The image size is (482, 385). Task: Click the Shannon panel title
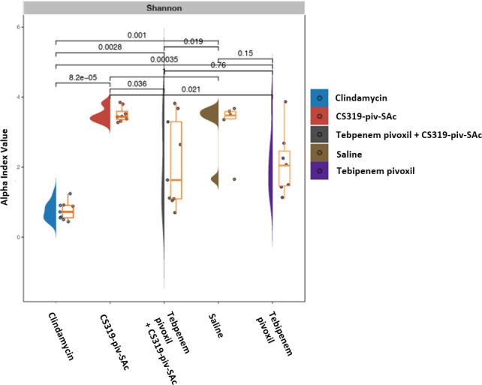point(164,8)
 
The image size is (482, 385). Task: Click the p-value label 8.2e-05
point(83,77)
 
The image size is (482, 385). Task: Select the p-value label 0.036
point(136,84)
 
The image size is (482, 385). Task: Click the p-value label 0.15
point(245,53)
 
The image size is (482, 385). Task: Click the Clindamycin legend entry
point(357,98)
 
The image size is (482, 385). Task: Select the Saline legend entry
point(347,153)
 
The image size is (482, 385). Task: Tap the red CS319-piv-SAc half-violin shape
point(101,116)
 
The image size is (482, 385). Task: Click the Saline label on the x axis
point(214,323)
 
